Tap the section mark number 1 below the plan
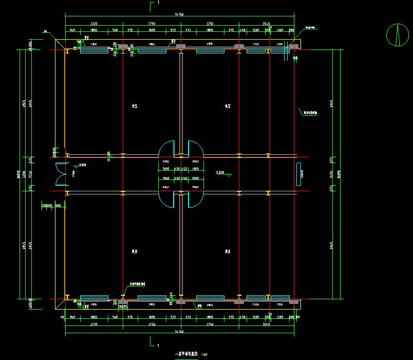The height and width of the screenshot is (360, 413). pos(158,345)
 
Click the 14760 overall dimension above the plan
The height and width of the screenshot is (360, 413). pos(180,14)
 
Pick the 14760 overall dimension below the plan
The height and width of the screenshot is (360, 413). pos(180,334)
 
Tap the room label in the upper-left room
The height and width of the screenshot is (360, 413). pos(135,106)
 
